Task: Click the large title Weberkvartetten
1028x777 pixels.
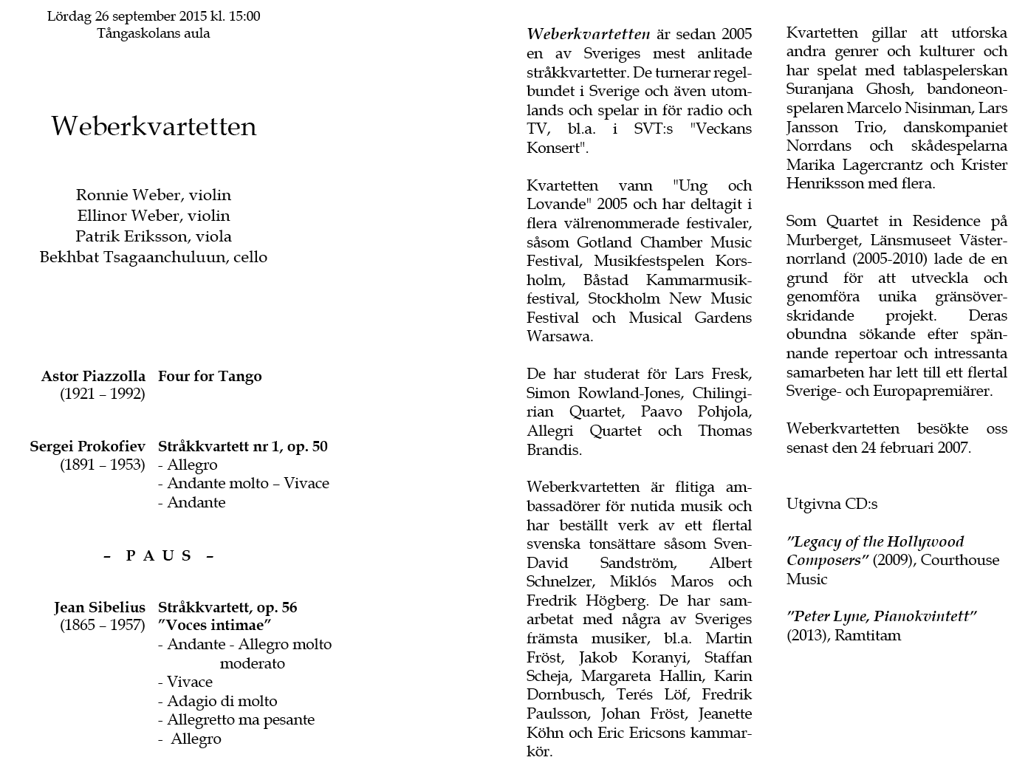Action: tap(154, 126)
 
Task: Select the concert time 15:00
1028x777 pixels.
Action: tap(243, 16)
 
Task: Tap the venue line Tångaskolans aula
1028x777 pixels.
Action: tap(153, 33)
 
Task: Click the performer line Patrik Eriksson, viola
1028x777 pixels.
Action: tap(153, 236)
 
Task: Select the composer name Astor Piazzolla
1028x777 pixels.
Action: tap(93, 376)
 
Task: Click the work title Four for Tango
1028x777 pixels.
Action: tap(210, 376)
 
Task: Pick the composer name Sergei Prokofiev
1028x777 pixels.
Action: tap(87, 446)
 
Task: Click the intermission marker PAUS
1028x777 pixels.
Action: tap(159, 555)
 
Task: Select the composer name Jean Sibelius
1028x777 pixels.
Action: tap(99, 607)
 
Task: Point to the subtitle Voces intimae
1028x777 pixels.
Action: tap(216, 626)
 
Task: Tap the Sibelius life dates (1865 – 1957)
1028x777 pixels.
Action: tap(103, 626)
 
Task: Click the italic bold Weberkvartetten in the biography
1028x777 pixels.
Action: tap(588, 34)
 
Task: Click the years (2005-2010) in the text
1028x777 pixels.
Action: tap(893, 259)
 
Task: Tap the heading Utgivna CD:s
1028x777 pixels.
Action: tap(832, 504)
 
